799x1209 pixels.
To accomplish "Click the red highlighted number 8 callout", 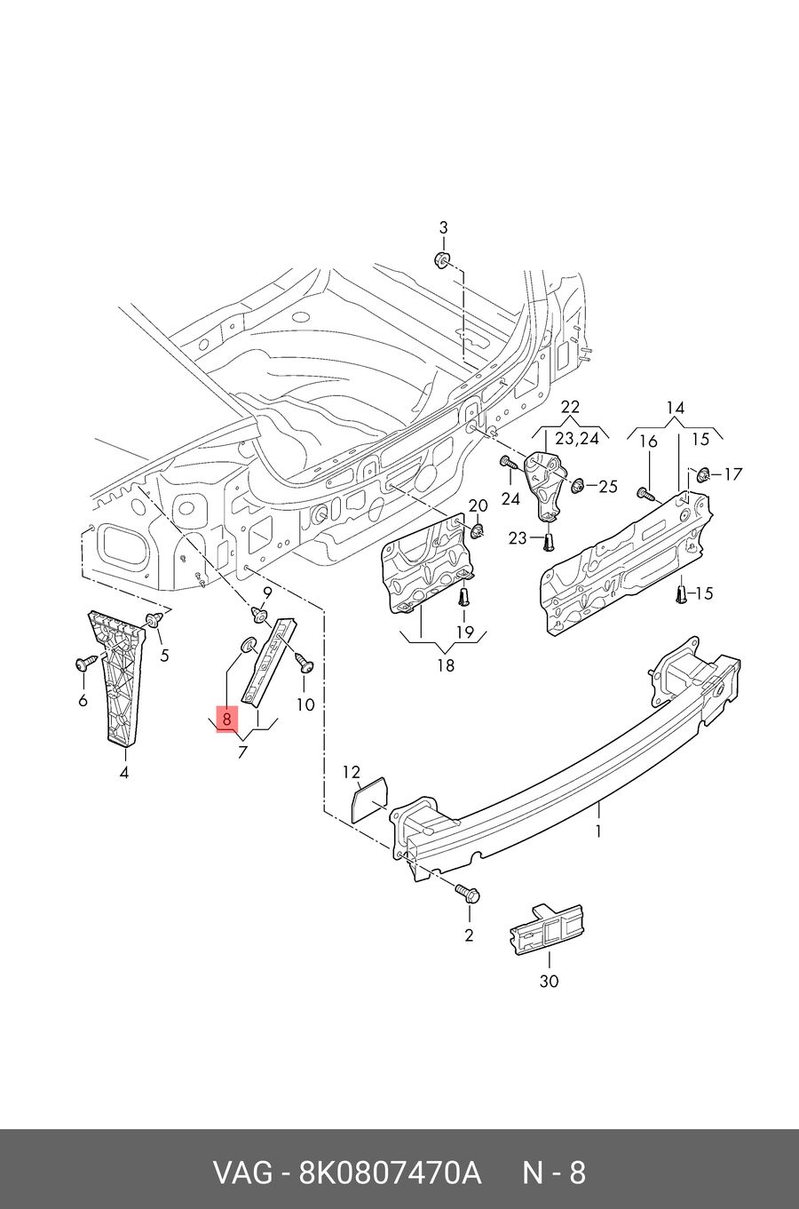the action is pyautogui.click(x=226, y=719).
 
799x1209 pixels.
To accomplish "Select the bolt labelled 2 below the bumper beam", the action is pyautogui.click(x=467, y=894).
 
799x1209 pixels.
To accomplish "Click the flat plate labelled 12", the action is pyautogui.click(x=369, y=800).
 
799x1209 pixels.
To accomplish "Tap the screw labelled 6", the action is pyautogui.click(x=84, y=663).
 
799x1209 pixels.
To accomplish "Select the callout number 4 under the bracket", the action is pyautogui.click(x=124, y=773).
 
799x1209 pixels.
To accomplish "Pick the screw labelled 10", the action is pyautogui.click(x=305, y=664).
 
